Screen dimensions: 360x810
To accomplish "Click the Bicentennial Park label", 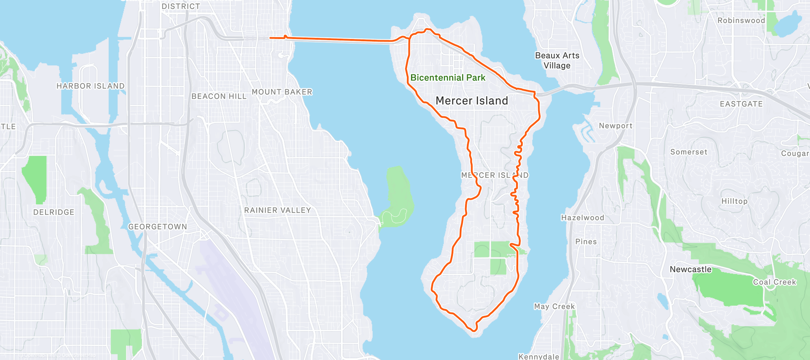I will tap(448, 78).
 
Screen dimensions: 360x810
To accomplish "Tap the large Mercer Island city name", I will tap(472, 101).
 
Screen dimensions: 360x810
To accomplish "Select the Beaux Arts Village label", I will tap(557, 60).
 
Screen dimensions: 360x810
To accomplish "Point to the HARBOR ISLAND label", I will tap(90, 86).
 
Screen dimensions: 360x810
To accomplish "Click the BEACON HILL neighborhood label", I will tap(219, 96).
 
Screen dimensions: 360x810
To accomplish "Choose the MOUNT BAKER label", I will tap(282, 92).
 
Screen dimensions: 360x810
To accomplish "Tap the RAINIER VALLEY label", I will tap(277, 210).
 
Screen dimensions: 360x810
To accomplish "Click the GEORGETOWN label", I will tap(157, 226).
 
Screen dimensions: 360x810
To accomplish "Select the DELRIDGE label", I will tap(54, 212).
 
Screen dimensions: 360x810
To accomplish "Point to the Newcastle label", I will tap(690, 269).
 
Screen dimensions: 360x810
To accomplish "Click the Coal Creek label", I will tap(774, 282).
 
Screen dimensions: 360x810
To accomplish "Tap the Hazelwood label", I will tap(582, 217).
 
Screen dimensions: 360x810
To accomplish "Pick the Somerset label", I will tap(688, 152).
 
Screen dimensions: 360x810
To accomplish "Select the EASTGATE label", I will tap(741, 104).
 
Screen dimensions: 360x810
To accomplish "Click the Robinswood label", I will tap(741, 21).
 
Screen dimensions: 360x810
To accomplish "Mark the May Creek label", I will tap(554, 306).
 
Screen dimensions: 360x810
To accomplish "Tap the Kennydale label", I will tap(538, 356).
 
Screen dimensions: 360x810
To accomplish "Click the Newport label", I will tap(615, 126).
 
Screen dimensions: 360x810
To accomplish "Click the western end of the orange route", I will tap(270, 38).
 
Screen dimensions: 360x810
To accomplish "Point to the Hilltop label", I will tap(734, 201).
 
